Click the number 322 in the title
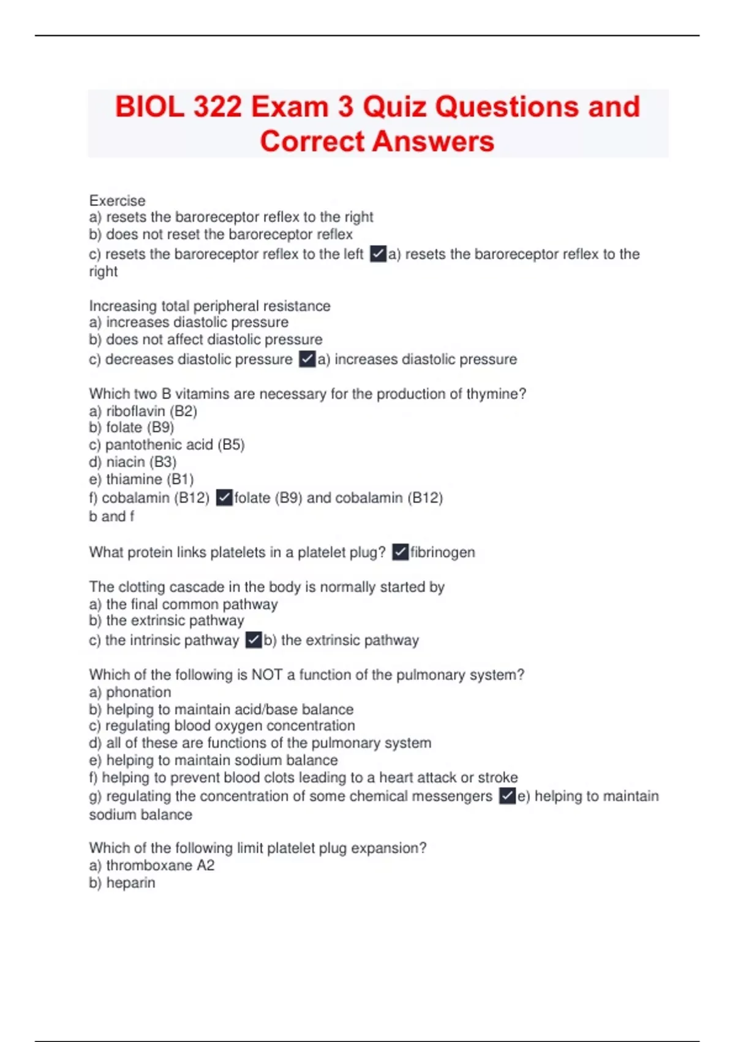point(217,107)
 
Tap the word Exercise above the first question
point(117,200)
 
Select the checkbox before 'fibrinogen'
point(400,552)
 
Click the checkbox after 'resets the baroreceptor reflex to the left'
point(378,254)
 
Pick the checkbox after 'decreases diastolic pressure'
point(307,359)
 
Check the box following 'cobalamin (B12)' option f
point(224,498)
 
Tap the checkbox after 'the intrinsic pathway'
point(254,641)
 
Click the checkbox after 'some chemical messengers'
point(507,796)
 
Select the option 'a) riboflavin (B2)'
point(143,411)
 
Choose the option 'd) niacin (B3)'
point(132,462)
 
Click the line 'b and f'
point(111,516)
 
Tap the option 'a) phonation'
point(130,692)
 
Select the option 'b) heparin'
point(122,883)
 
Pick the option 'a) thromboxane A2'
point(151,865)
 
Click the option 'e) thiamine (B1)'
point(141,479)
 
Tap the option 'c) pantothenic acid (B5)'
point(167,444)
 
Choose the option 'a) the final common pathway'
point(183,604)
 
